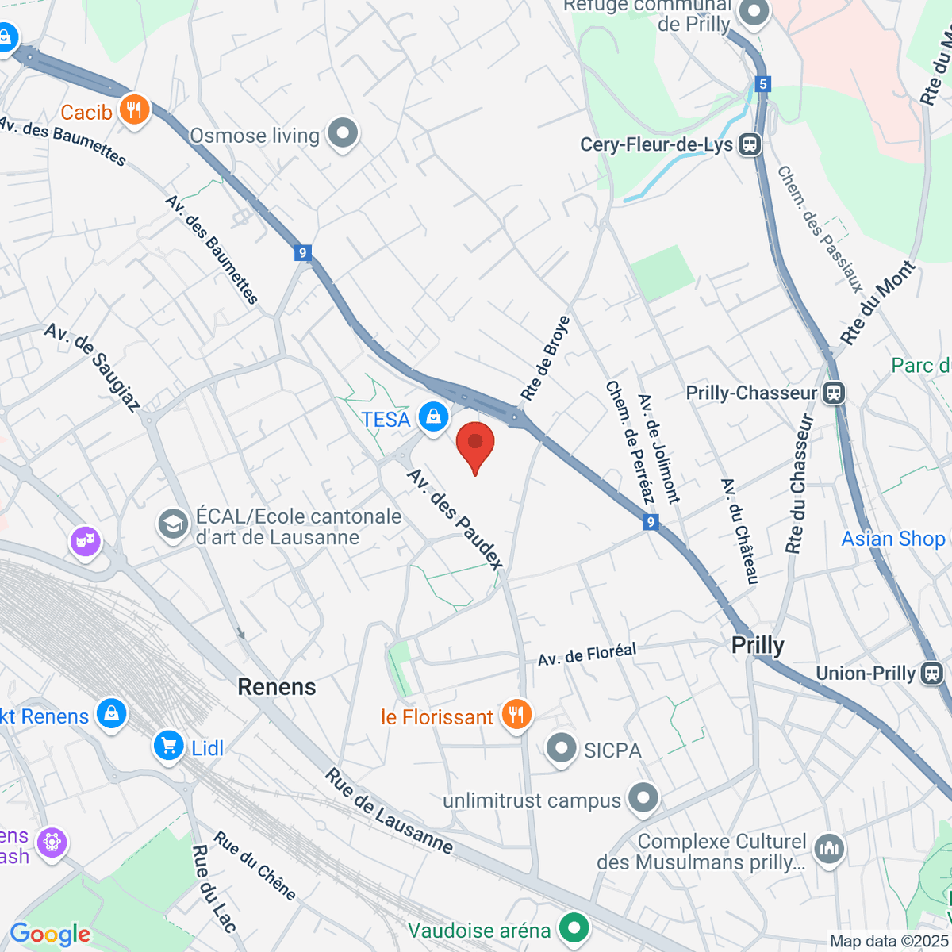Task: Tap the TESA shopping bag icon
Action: (x=433, y=416)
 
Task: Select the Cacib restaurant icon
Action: (x=134, y=110)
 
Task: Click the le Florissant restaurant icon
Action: (x=516, y=715)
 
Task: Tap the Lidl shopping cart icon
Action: (x=168, y=747)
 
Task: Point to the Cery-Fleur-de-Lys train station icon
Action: (x=749, y=144)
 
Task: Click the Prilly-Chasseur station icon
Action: (x=834, y=393)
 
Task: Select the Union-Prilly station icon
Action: (x=931, y=674)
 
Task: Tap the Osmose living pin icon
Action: (x=344, y=134)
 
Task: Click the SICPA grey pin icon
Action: (x=562, y=748)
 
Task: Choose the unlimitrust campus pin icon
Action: (x=643, y=799)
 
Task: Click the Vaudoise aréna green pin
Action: (x=574, y=928)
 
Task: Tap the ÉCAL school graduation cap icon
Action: (x=173, y=524)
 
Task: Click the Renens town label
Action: (x=277, y=687)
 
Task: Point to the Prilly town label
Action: (x=758, y=645)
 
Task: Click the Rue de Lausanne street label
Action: (x=389, y=812)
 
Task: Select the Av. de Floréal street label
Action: (x=587, y=654)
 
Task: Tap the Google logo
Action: (x=50, y=934)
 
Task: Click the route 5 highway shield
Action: (x=763, y=84)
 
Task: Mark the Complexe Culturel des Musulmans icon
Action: (x=829, y=849)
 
